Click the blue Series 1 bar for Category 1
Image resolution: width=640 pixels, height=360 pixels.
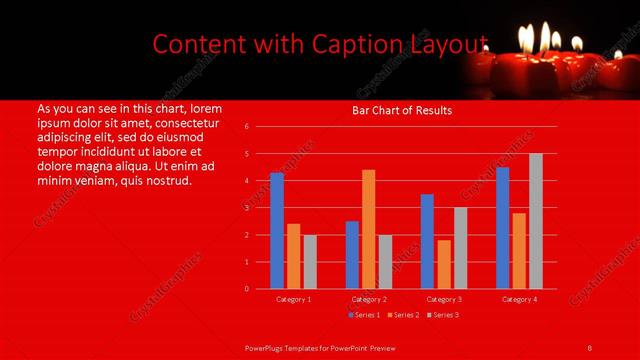277,231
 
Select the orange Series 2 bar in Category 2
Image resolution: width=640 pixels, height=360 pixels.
369,229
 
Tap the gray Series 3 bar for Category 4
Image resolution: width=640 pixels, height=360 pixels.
536,221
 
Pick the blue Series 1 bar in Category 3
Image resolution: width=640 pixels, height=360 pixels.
427,241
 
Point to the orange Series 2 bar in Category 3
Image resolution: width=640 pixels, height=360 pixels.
444,264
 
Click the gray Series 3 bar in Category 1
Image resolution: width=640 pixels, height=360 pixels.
310,261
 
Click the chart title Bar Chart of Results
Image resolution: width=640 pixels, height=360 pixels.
402,110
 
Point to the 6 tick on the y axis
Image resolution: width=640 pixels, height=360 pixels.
246,127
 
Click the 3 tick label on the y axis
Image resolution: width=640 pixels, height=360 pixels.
246,208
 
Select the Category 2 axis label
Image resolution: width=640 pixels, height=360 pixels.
369,299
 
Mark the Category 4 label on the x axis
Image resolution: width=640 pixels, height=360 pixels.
519,299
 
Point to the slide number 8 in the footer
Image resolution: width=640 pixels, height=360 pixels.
590,347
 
